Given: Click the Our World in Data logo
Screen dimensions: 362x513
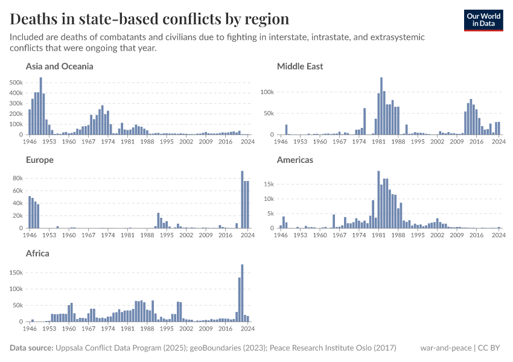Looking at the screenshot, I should tap(483, 20).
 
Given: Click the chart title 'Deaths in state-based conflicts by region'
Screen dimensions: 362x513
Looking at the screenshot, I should tap(150, 19).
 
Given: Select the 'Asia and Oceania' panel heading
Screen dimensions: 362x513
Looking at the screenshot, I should tap(59, 66).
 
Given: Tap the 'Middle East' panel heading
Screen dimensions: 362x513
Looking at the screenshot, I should tap(300, 66).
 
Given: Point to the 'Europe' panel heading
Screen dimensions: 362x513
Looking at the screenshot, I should tap(40, 160).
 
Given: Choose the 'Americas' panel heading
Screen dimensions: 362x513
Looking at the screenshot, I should tap(295, 160).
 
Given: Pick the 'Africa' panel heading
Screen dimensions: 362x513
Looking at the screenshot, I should tap(37, 253).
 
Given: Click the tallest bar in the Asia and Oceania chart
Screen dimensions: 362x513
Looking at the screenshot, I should tap(41, 106).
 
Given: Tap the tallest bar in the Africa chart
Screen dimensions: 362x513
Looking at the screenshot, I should tap(242, 293).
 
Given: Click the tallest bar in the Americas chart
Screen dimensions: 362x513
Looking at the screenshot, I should tap(378, 200).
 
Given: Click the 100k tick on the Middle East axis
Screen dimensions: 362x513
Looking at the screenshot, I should tap(267, 92).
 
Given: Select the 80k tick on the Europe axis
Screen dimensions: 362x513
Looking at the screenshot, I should tap(18, 178).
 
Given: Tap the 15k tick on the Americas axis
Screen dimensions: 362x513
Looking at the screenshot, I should tap(269, 185).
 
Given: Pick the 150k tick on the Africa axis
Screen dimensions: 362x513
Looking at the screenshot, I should tap(16, 273).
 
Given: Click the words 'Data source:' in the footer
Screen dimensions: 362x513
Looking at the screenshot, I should tap(31, 348).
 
